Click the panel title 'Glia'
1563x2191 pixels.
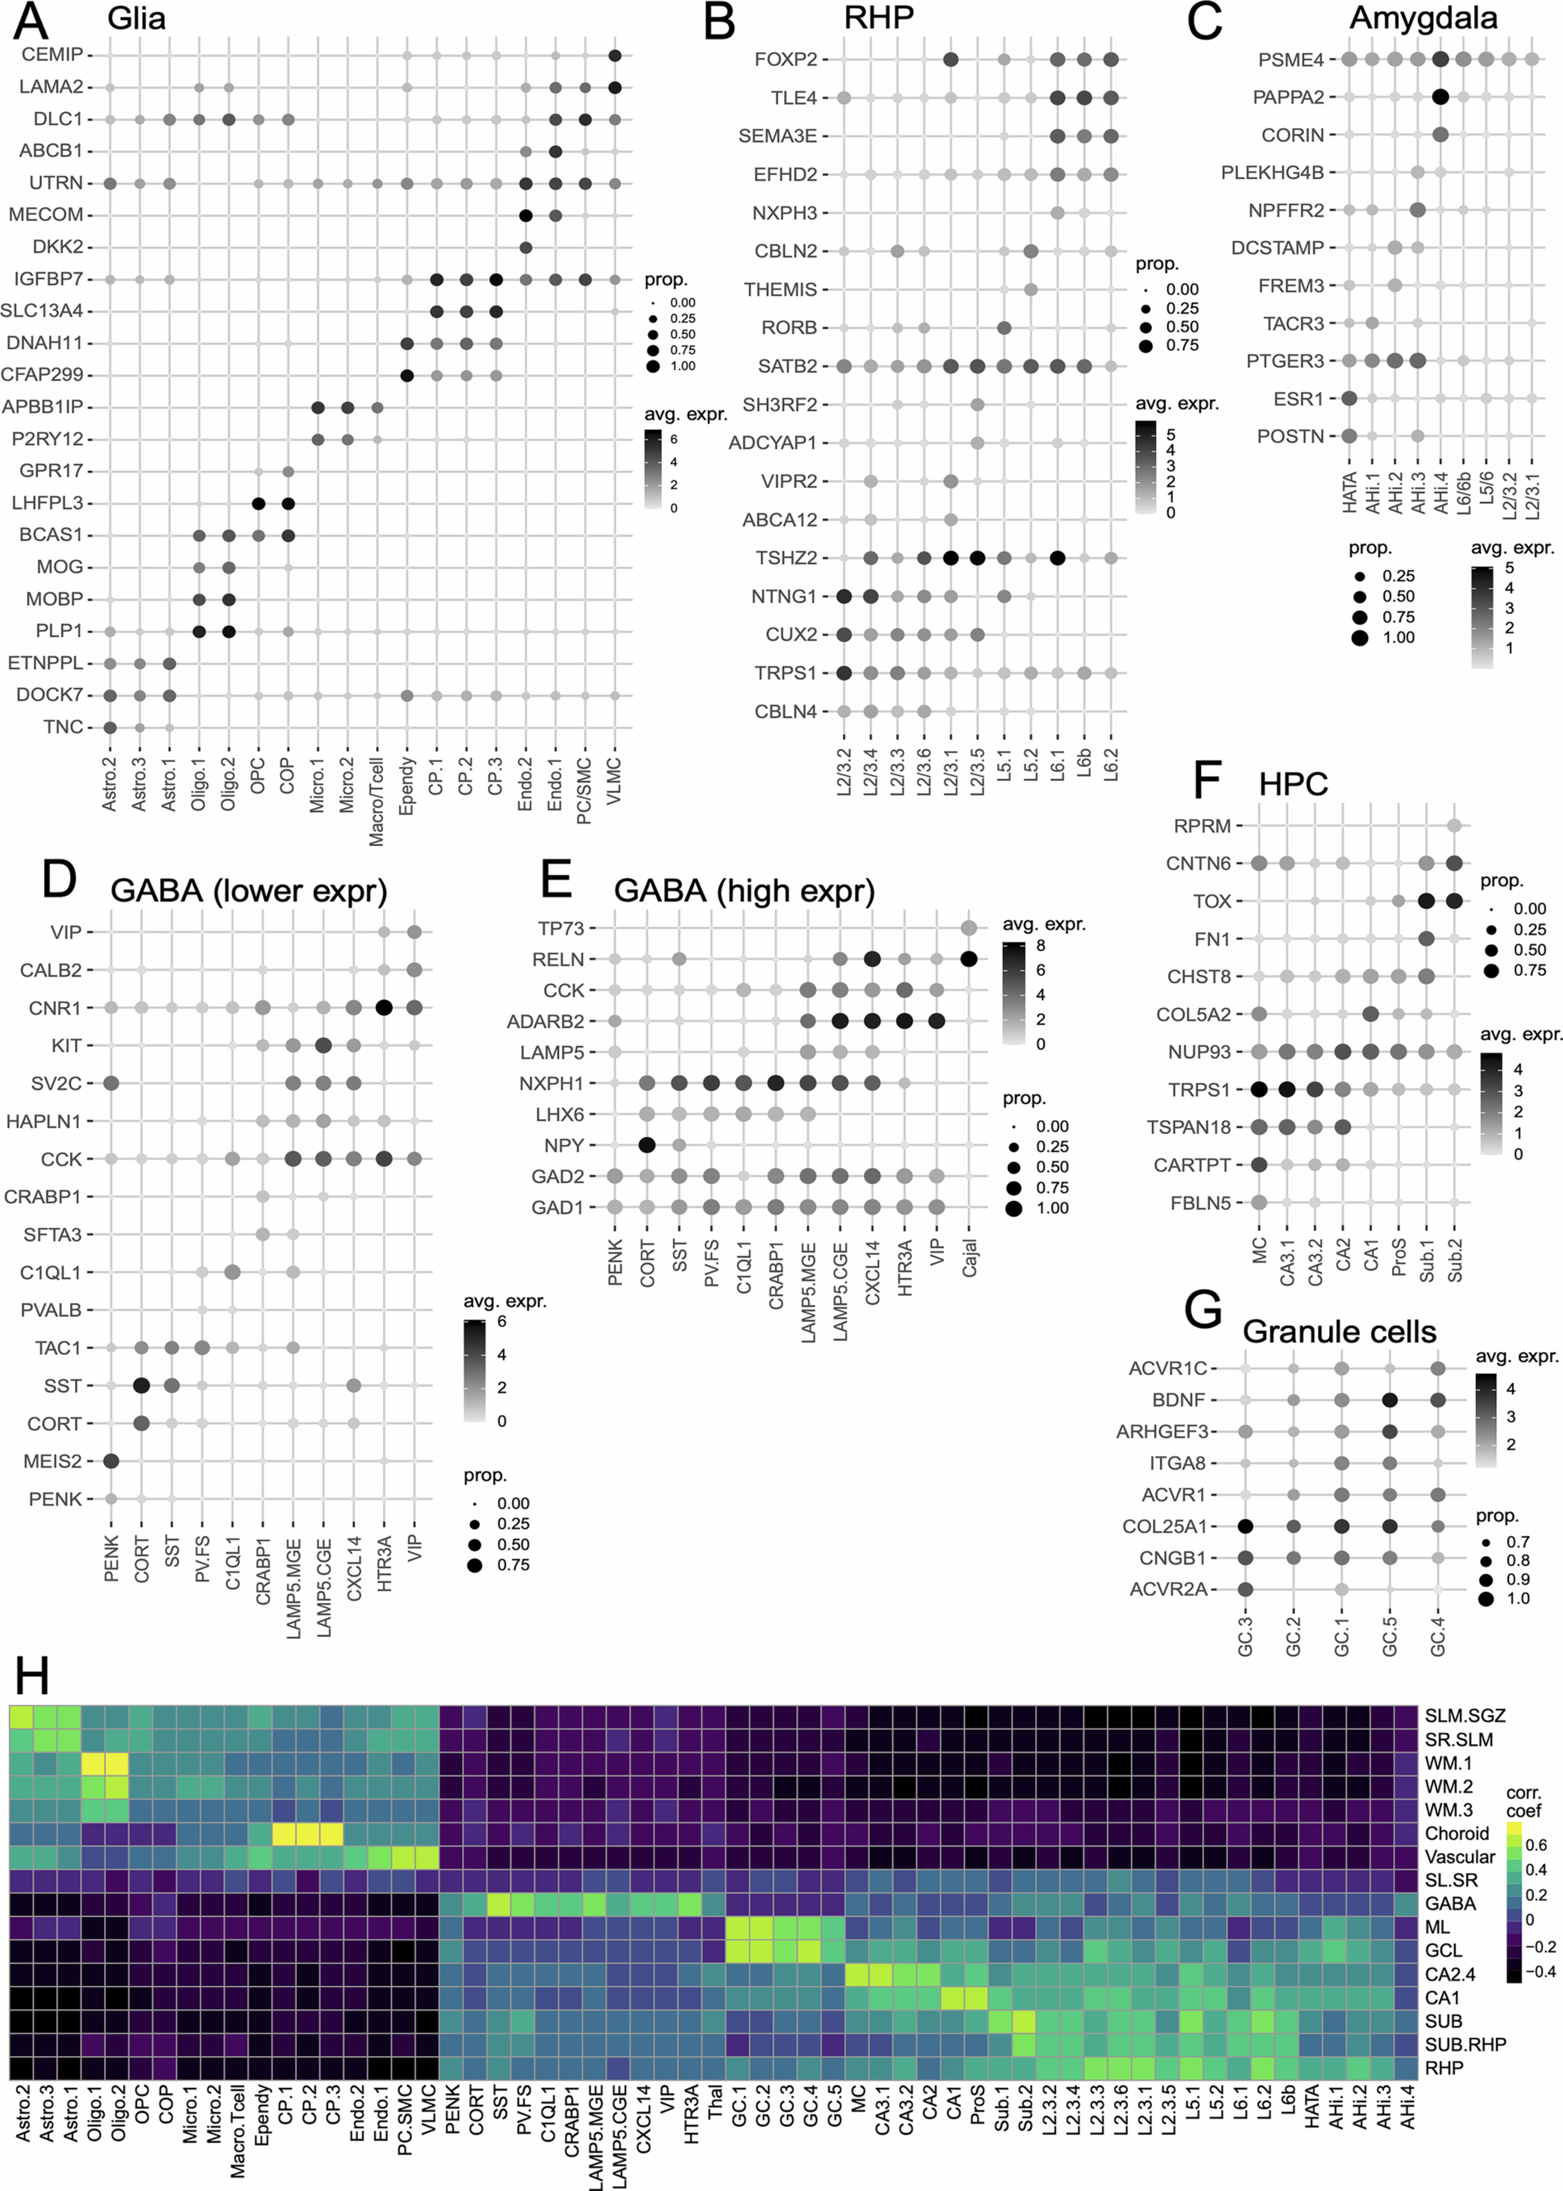click(137, 18)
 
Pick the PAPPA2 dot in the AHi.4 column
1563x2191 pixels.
click(1440, 97)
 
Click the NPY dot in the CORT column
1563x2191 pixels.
click(647, 1145)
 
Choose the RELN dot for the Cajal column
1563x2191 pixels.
click(969, 959)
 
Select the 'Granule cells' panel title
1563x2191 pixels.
click(1339, 1331)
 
